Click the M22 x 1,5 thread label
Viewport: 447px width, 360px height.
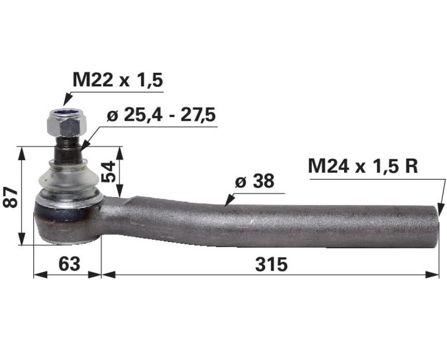point(118,80)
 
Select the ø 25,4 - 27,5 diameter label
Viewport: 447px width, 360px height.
point(161,115)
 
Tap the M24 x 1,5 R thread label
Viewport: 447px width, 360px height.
point(363,166)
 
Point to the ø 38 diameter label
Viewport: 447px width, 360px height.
point(255,181)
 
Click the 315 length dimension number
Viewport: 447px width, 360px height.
point(271,264)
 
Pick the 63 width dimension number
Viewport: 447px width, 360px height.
point(69,264)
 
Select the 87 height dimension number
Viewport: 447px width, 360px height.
point(10,197)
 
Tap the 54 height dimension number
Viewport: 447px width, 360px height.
point(109,172)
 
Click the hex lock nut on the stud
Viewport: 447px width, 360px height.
point(67,123)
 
